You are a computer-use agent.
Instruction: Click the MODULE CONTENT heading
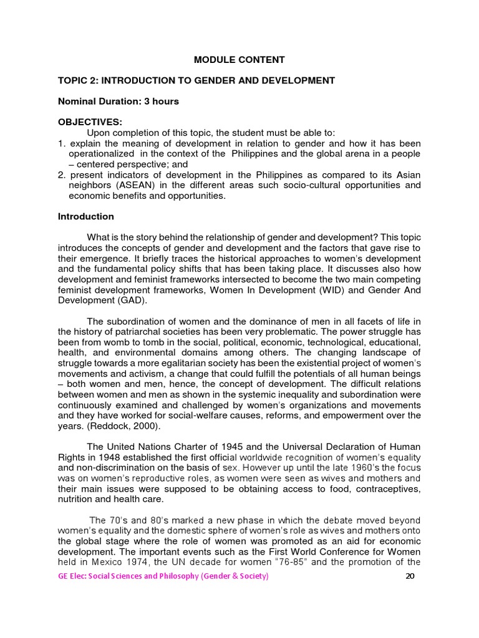239,60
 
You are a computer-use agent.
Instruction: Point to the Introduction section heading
86,217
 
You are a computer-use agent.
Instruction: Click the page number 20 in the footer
410,576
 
